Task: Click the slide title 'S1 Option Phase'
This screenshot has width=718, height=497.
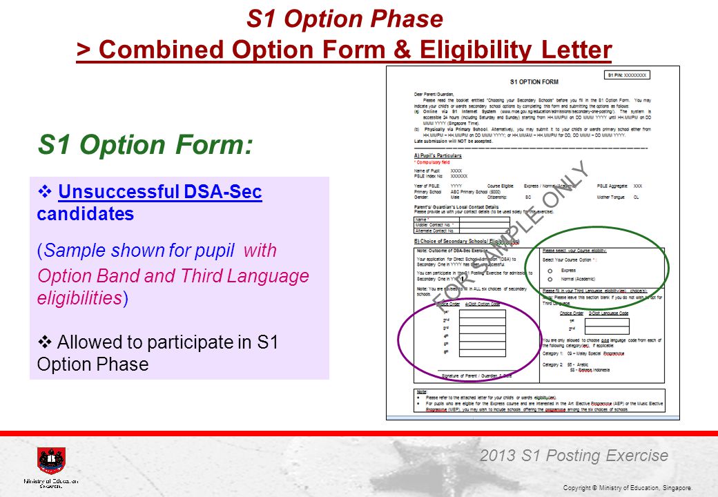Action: (x=345, y=19)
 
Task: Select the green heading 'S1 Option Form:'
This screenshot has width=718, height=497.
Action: (x=145, y=145)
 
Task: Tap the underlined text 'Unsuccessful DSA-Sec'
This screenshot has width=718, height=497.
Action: (x=160, y=192)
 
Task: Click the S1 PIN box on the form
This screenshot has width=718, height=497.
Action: (x=628, y=75)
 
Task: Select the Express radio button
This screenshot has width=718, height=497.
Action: (x=550, y=271)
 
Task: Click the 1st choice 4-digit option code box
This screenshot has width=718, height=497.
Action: (x=483, y=313)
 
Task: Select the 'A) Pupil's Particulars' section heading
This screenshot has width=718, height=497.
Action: (x=438, y=155)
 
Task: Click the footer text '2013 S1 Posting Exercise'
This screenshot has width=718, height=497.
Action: (x=574, y=456)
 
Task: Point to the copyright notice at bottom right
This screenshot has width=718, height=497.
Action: (x=627, y=488)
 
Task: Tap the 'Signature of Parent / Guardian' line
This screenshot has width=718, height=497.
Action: (x=476, y=376)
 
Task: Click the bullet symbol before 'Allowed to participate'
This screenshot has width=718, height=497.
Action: (x=46, y=341)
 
